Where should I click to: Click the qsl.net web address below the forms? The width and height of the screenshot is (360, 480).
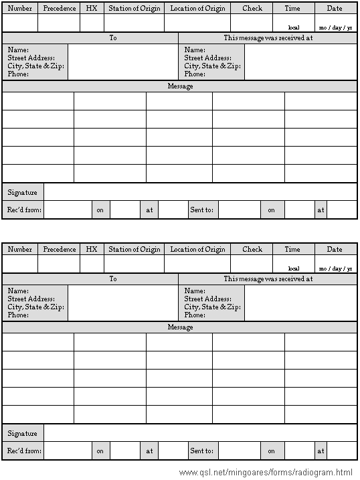266,473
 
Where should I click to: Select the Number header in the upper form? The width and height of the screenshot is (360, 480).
19,9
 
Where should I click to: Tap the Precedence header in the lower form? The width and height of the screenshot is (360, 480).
60,250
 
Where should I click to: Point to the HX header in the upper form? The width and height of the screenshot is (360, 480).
92,9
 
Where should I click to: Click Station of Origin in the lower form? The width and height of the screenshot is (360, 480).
134,250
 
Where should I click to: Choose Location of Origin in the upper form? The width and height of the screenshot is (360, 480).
197,9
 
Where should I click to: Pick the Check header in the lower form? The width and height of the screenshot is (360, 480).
252,250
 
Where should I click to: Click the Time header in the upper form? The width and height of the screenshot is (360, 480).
292,9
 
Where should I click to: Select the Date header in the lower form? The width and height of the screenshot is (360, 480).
335,250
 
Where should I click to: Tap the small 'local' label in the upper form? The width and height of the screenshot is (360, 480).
293,27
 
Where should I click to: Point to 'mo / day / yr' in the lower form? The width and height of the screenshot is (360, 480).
335,268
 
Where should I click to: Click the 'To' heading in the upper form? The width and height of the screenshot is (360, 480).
113,38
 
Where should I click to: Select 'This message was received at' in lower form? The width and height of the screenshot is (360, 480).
268,279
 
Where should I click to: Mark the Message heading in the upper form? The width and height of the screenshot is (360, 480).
180,86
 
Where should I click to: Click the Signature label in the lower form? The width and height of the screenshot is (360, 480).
22,434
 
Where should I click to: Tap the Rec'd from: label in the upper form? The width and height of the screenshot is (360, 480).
24,210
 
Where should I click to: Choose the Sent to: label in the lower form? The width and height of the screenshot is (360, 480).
201,451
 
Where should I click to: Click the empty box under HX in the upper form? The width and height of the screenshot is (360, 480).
92,23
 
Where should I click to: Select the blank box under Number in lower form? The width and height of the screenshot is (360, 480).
19,264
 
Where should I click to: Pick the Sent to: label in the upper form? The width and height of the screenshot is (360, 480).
201,210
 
